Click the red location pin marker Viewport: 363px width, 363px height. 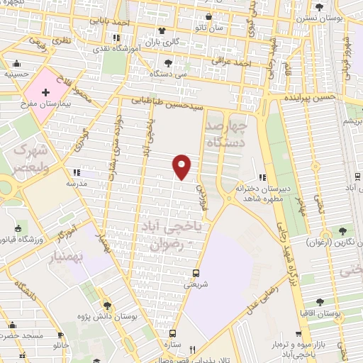[x=182, y=167]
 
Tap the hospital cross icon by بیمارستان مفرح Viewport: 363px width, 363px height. [x=46, y=92]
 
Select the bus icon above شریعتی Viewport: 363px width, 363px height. [x=196, y=273]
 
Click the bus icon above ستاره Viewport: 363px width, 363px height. [x=172, y=333]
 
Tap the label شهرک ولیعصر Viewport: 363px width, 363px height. [x=28, y=160]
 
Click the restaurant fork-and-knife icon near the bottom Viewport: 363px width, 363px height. [x=191, y=350]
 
